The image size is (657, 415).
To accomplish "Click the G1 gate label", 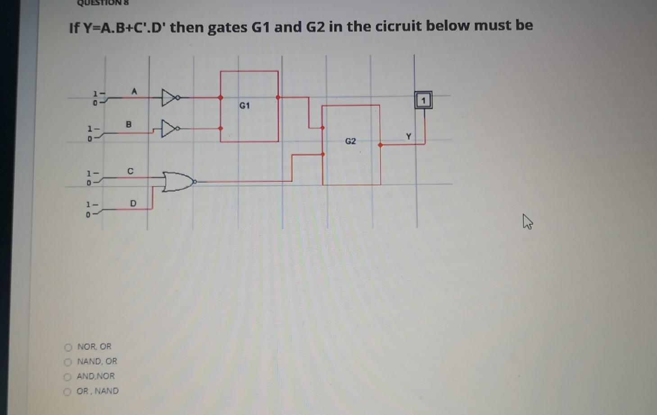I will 245,106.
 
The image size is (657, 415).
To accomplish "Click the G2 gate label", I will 350,141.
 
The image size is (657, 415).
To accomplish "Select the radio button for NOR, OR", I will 68,347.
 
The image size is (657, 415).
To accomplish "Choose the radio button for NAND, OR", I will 68,362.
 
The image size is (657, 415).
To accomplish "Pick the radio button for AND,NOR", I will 68,377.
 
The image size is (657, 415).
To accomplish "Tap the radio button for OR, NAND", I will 67,392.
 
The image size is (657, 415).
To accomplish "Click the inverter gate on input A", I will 170,97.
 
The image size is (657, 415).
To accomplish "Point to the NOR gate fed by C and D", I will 178,181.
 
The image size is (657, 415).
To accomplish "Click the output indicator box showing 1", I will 423,100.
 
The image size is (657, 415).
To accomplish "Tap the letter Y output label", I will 408,136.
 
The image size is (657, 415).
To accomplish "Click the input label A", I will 134,91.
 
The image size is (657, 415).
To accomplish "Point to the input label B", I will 129,124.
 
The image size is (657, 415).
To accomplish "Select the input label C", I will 130,171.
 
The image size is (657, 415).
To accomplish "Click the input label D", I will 133,203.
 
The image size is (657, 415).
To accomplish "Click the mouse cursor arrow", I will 527,221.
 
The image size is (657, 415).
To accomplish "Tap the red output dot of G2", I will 381,145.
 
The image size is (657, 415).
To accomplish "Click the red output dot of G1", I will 278,97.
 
